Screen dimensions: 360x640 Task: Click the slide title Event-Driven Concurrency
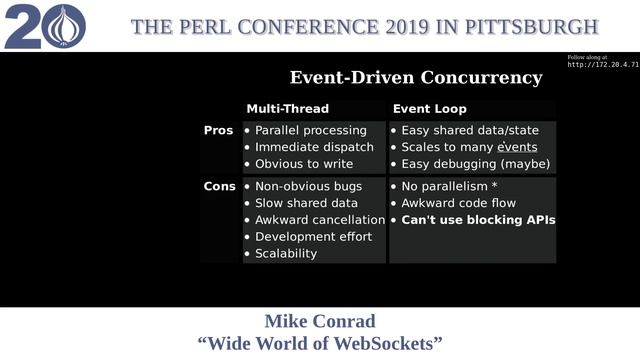coord(415,78)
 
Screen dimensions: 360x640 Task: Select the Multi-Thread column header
coord(287,109)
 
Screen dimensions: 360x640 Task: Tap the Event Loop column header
coord(429,109)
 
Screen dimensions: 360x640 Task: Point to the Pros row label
coord(218,131)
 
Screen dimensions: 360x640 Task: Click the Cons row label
coord(219,187)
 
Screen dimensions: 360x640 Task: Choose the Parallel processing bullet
coord(310,131)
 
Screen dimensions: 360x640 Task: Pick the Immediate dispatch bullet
coord(314,148)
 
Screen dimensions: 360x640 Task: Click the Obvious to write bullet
coord(304,164)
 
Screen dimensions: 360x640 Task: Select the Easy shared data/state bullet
coord(470,131)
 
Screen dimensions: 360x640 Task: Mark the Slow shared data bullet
coord(306,203)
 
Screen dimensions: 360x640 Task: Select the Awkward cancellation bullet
coord(320,220)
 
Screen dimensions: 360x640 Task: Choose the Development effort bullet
coord(313,237)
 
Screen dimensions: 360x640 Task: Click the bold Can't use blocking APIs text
coord(478,220)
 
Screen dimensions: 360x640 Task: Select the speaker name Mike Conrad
coord(320,322)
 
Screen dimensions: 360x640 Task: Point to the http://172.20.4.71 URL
coord(603,65)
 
